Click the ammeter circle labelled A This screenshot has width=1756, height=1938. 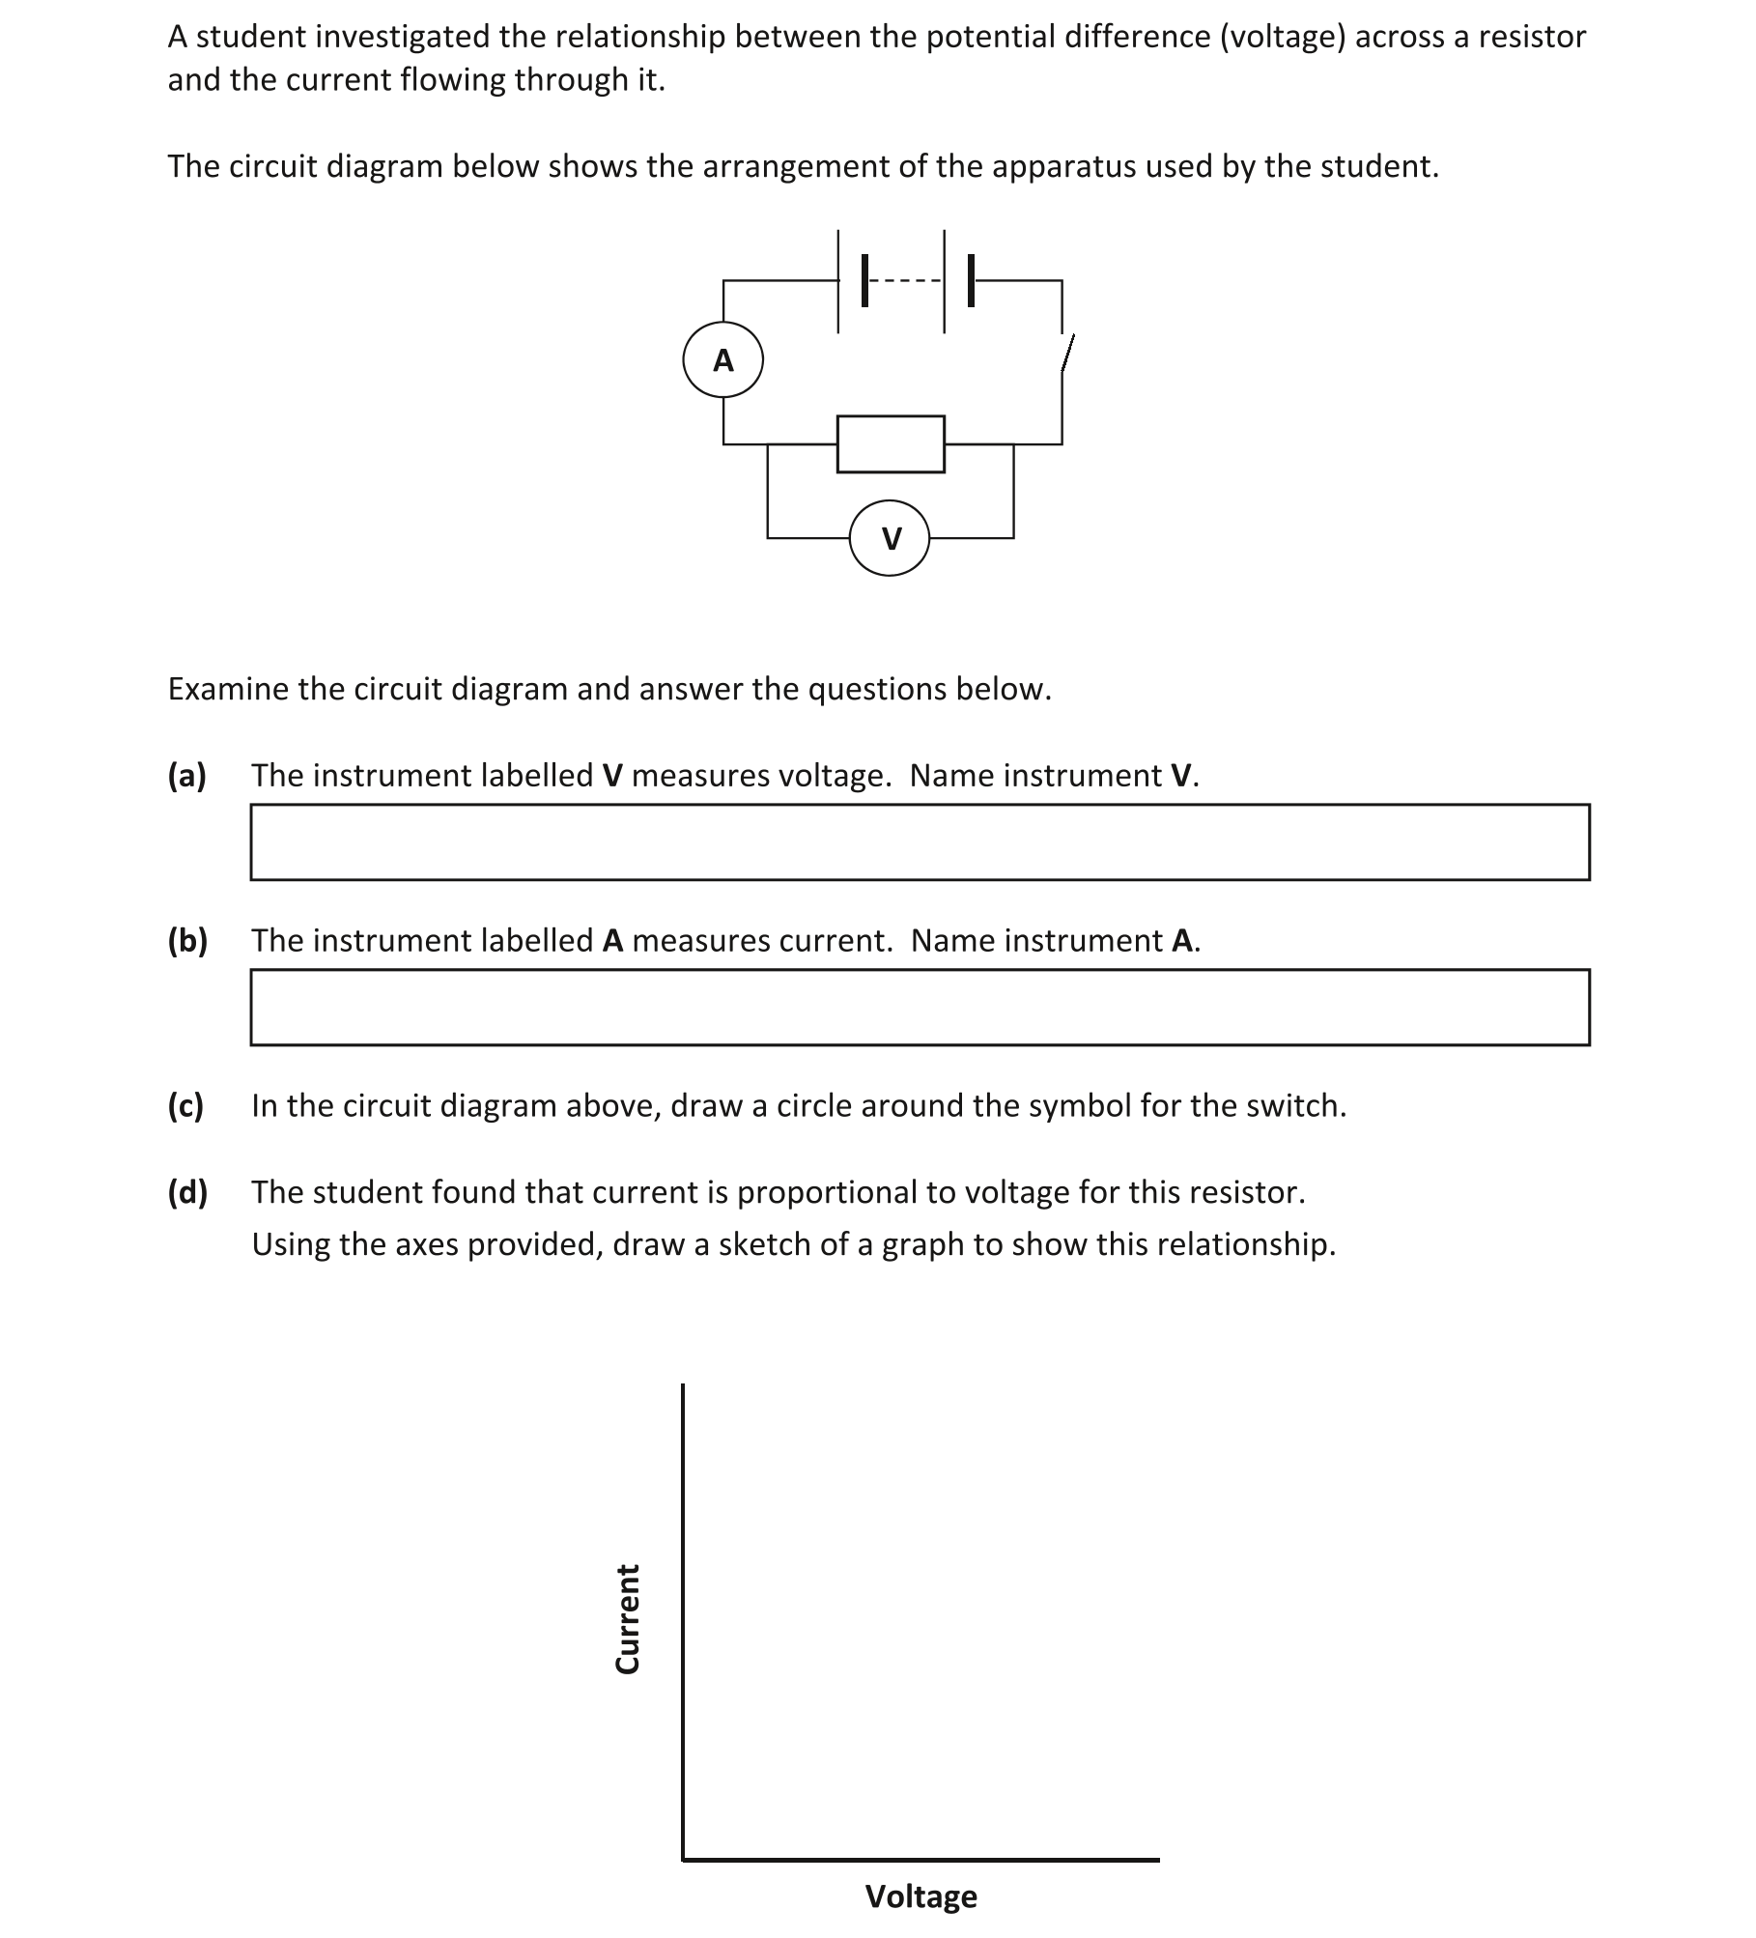pyautogui.click(x=722, y=359)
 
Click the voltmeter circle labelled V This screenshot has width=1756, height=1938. pyautogui.click(x=890, y=538)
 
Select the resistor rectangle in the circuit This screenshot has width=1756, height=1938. pyautogui.click(x=890, y=444)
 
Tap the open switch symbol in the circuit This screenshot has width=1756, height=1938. pyautogui.click(x=1066, y=354)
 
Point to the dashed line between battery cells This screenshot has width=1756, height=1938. pyautogui.click(x=904, y=281)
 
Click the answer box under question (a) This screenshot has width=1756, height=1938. pyautogui.click(x=919, y=841)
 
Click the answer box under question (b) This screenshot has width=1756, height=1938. pyautogui.click(x=919, y=1007)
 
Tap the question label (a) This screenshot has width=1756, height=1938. pyautogui.click(x=187, y=776)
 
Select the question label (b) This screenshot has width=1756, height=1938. pyautogui.click(x=187, y=940)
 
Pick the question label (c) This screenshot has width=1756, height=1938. pyautogui.click(x=185, y=1105)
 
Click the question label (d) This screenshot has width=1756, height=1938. pyautogui.click(x=187, y=1192)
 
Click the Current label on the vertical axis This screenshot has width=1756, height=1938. pyautogui.click(x=628, y=1618)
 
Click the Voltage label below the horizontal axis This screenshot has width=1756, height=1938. pyautogui.click(x=920, y=1896)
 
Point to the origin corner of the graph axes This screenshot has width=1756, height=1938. pyautogui.click(x=683, y=1858)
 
